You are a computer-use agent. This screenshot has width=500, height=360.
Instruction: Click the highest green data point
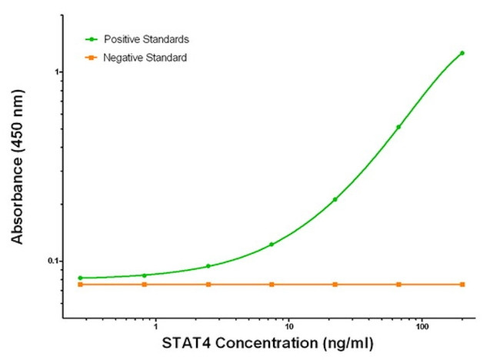[x=462, y=53]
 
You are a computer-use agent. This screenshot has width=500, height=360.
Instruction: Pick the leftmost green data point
[x=80, y=278]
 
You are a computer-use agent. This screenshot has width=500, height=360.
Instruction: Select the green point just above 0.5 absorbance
[x=398, y=127]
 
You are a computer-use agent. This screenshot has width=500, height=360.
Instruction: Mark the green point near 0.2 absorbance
[x=335, y=199]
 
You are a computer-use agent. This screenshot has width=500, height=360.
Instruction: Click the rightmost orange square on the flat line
[x=462, y=285]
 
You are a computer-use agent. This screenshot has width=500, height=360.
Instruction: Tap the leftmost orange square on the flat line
[x=80, y=285]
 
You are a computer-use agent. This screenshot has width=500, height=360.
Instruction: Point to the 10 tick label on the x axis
[x=288, y=327]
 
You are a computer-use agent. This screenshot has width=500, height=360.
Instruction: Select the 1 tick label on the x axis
[x=155, y=327]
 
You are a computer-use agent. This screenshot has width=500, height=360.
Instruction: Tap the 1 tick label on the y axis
[x=57, y=72]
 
